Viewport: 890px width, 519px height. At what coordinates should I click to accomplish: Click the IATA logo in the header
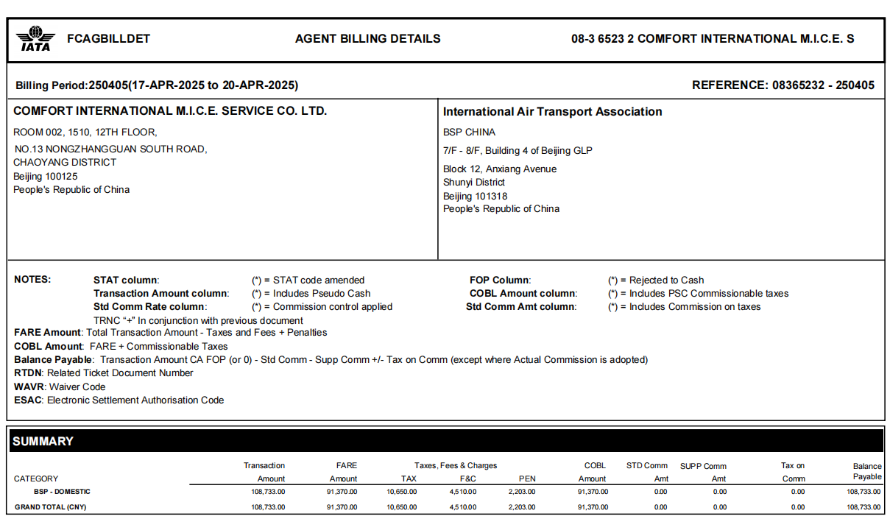[35, 39]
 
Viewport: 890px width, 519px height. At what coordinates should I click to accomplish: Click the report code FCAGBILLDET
[108, 39]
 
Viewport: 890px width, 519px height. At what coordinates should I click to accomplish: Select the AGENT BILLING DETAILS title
[367, 39]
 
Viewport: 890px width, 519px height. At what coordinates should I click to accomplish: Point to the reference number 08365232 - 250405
[823, 85]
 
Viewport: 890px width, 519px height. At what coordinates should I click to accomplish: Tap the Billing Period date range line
[157, 85]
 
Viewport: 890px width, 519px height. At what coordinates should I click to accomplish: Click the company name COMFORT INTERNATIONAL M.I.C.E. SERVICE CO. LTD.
[170, 111]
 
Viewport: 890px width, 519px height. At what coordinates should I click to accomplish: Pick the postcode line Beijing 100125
[45, 177]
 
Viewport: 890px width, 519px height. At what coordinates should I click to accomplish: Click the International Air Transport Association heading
[552, 112]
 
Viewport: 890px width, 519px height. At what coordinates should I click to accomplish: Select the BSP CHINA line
[469, 133]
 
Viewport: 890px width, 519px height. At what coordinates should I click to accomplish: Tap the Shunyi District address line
[473, 183]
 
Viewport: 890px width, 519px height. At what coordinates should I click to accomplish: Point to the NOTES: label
[32, 280]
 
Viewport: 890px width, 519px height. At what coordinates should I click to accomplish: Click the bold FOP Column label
[500, 280]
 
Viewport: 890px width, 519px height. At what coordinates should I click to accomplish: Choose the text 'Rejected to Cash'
[666, 280]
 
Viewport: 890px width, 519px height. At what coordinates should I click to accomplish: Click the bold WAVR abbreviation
[29, 386]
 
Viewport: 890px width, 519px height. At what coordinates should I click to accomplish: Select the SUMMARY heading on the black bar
[43, 441]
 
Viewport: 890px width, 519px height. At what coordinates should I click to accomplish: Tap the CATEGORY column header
[36, 479]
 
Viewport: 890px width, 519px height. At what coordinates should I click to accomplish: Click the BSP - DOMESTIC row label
[62, 492]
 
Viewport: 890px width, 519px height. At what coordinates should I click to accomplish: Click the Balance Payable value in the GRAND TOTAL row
[863, 507]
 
